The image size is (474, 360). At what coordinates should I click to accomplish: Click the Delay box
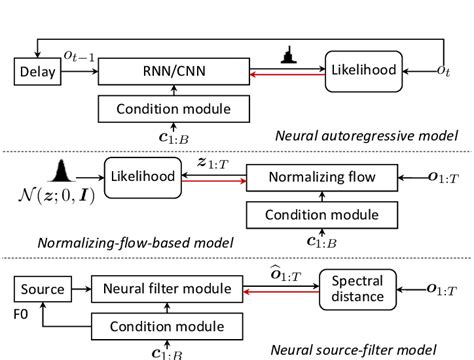pos(38,70)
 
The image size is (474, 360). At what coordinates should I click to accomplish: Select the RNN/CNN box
pos(174,70)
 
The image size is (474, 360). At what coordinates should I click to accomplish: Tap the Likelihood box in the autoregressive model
pos(365,69)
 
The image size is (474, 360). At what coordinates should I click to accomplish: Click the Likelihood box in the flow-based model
pos(145,176)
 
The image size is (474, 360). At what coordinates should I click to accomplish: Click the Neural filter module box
pos(174,289)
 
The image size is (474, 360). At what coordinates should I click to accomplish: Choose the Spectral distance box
pos(357,288)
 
